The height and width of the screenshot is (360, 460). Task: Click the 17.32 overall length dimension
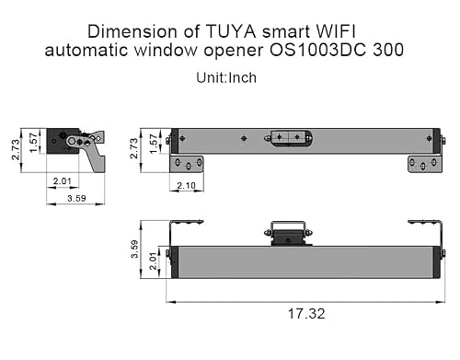tap(306, 314)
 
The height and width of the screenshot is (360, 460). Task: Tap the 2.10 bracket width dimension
tap(186, 185)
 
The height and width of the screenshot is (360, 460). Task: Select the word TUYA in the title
tap(231, 31)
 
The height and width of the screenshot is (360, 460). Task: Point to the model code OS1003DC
tap(317, 50)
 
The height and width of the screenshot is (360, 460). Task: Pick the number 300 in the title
tap(388, 50)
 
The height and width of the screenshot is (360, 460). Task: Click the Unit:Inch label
tap(226, 77)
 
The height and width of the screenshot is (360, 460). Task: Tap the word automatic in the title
tap(86, 50)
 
